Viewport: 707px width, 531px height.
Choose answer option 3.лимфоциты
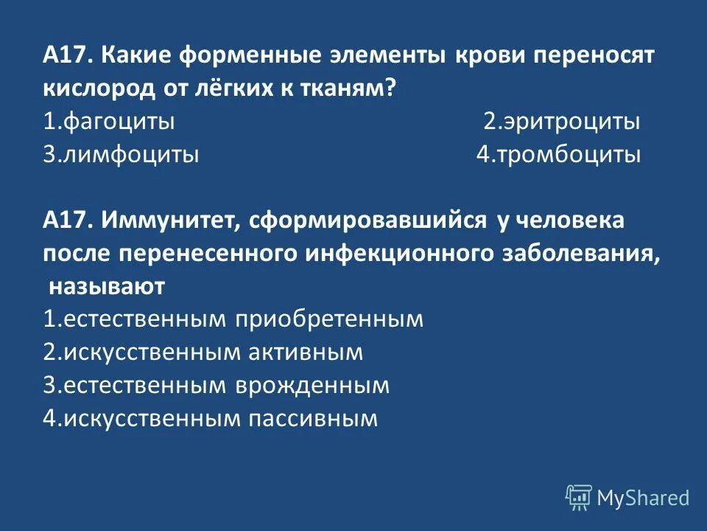click(x=121, y=155)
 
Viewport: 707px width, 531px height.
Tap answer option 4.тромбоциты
click(x=558, y=155)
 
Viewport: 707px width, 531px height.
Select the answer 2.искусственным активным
click(x=203, y=352)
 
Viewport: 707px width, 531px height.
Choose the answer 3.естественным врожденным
click(x=217, y=385)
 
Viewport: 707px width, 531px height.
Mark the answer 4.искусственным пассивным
click(x=211, y=418)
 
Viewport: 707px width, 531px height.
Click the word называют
click(x=107, y=285)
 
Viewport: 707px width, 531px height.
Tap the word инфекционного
click(x=397, y=252)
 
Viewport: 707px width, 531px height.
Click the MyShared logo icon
click(x=578, y=498)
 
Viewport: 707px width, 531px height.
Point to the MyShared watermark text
click(x=643, y=499)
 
